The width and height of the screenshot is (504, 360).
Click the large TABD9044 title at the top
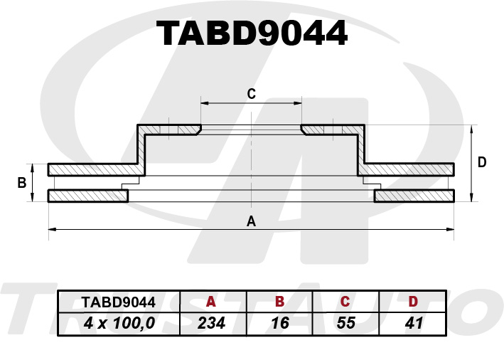click(x=252, y=33)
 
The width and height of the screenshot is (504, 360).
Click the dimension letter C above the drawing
click(x=252, y=94)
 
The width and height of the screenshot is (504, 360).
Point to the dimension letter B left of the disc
click(x=21, y=183)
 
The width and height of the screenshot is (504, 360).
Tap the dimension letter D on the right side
click(x=482, y=162)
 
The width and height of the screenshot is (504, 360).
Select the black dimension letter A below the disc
click(x=251, y=221)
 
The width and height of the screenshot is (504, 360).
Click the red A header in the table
click(x=210, y=302)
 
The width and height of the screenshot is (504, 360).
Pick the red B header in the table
click(x=279, y=302)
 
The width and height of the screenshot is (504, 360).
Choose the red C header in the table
click(x=345, y=302)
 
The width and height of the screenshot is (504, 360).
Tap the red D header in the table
click(x=413, y=302)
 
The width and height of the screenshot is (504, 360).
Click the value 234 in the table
click(x=211, y=323)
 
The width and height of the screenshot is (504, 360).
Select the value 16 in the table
click(x=280, y=323)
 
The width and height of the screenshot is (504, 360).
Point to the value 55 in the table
click(x=346, y=323)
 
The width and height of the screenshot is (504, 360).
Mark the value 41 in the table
click(x=414, y=323)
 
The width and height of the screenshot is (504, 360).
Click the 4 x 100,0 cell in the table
click(x=119, y=323)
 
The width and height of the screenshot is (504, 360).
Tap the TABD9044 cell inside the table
click(x=119, y=302)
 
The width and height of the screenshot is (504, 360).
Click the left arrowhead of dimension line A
click(x=52, y=229)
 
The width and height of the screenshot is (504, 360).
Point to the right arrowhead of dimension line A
click(x=450, y=229)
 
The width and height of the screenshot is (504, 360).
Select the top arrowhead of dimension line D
click(x=471, y=129)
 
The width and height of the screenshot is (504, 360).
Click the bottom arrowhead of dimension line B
click(x=32, y=198)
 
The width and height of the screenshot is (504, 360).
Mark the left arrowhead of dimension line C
click(x=205, y=103)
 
